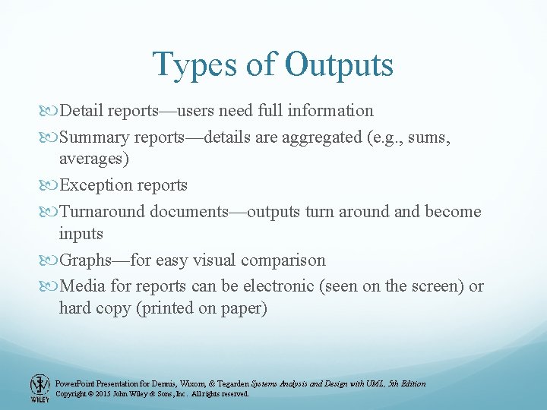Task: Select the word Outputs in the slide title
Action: click(340, 65)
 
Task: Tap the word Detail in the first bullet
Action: click(82, 111)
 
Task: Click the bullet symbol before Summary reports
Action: click(51, 137)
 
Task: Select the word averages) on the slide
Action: click(94, 159)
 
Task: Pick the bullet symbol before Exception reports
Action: click(51, 186)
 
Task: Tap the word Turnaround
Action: click(102, 211)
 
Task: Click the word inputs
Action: click(81, 234)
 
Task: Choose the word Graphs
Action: click(84, 260)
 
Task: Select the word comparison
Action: click(283, 260)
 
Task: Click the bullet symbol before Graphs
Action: click(51, 261)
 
